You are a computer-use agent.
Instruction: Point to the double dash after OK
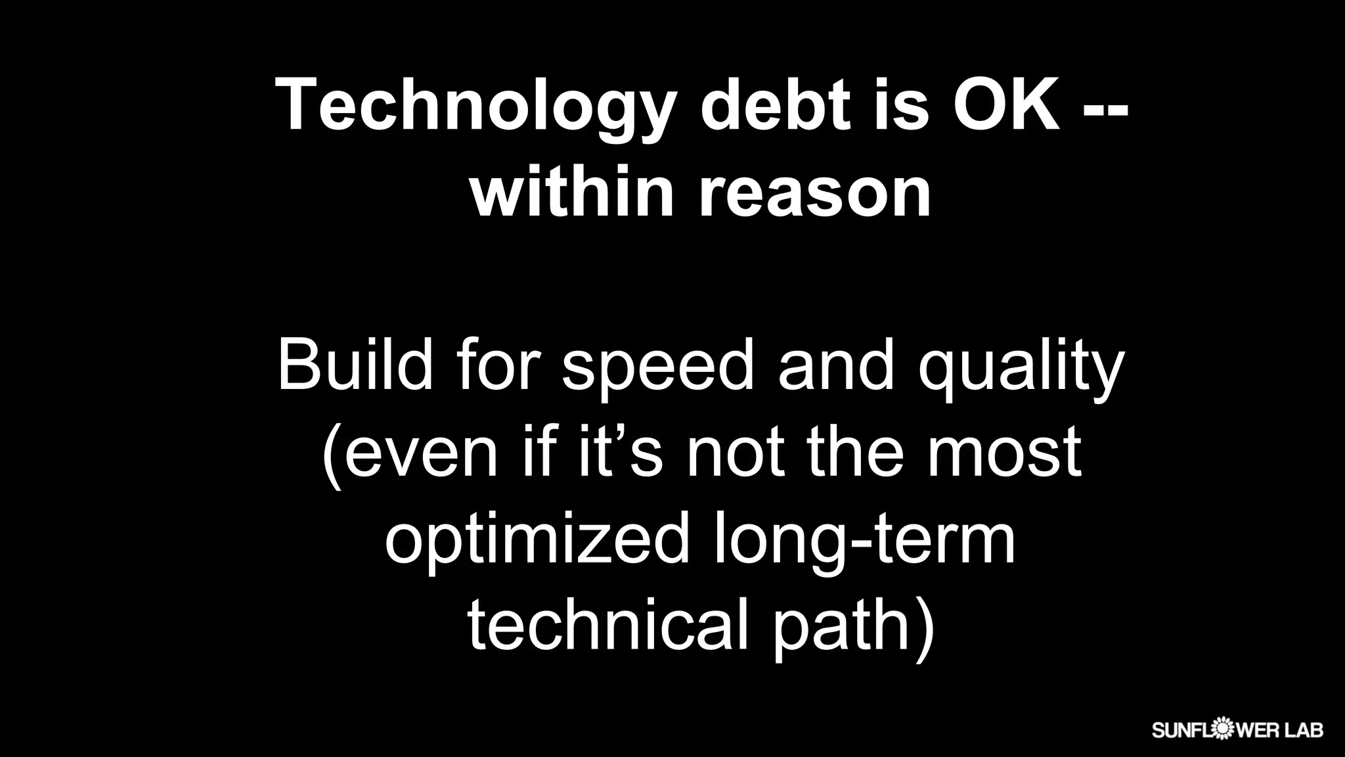(x=1105, y=109)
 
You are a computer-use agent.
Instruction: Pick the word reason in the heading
(x=814, y=196)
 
